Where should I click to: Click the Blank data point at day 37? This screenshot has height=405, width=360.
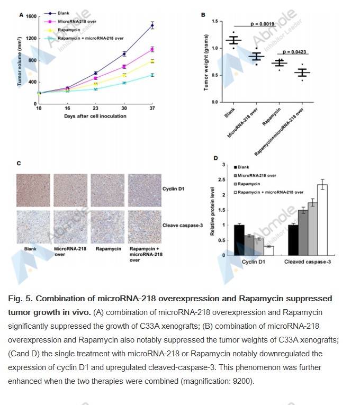click(153, 25)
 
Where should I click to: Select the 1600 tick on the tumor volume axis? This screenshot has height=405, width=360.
click(31, 16)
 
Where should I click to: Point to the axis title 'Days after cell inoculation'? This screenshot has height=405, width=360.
click(95, 116)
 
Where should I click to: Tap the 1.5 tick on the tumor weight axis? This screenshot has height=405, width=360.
click(215, 21)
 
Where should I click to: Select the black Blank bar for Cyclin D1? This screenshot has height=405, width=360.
click(239, 240)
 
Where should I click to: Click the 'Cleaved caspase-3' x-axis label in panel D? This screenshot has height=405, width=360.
click(308, 263)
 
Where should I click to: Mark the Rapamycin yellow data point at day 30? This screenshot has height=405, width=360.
click(124, 75)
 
